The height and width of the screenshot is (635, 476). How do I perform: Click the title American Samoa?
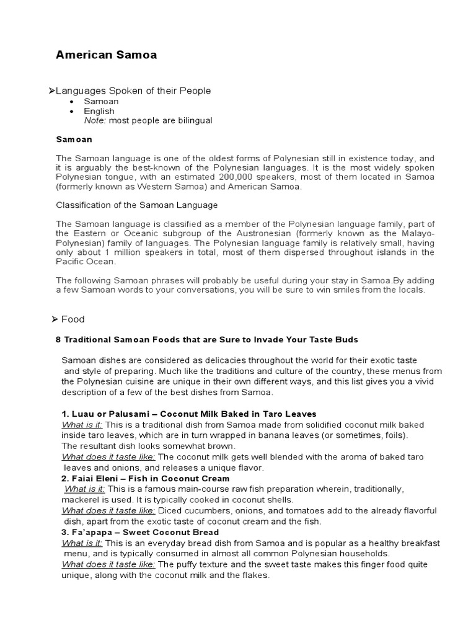pos(106,55)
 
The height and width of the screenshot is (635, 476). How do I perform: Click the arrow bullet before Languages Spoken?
pos(52,91)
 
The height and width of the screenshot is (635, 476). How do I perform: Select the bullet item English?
pos(99,111)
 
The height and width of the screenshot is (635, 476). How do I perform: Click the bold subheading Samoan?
pos(74,140)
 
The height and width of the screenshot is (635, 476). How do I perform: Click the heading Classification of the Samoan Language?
pos(137,205)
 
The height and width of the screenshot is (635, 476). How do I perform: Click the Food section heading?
pos(73,319)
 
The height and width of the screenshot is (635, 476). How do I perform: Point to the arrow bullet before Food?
pos(55,319)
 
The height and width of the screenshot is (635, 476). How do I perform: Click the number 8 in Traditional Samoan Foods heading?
pos(59,340)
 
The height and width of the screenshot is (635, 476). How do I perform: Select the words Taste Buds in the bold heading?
pos(336,340)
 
